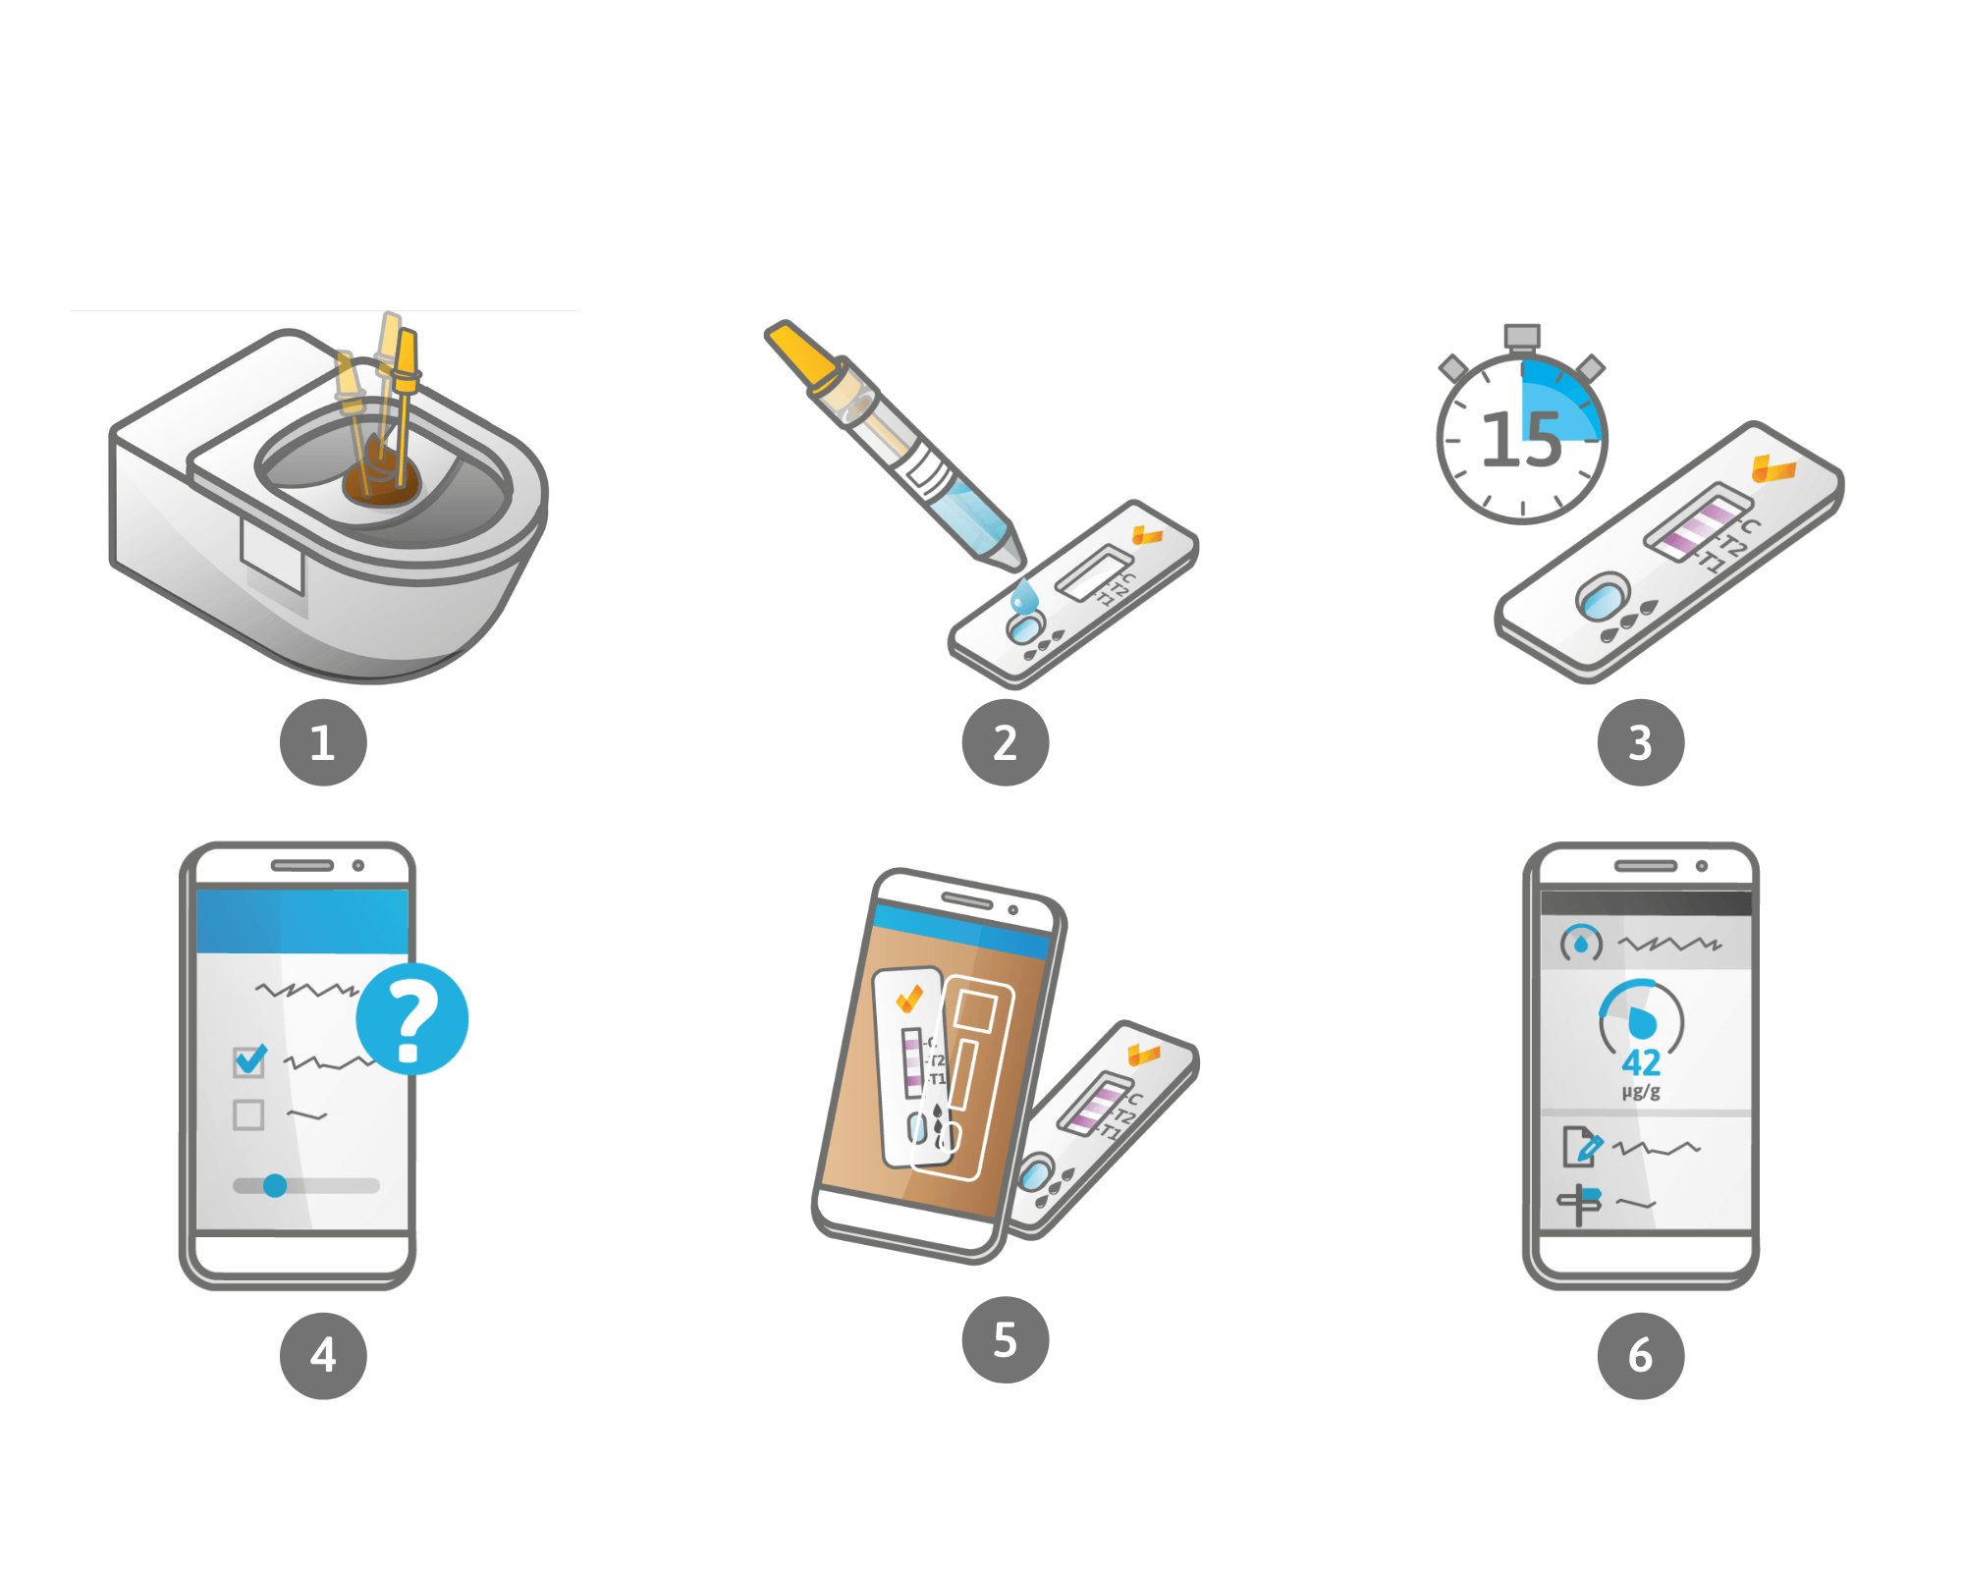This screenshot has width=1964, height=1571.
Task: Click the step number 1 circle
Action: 323,742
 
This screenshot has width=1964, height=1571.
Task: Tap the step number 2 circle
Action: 1006,742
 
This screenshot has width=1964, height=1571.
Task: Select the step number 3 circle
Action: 1641,742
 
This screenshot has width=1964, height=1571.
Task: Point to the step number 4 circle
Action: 323,1356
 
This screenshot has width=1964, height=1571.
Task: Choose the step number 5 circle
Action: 1006,1340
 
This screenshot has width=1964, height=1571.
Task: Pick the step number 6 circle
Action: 1641,1356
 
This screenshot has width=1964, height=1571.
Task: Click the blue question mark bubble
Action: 412,1019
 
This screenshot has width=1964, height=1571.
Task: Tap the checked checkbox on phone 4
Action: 249,1060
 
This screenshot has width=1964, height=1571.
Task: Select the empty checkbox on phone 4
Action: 248,1115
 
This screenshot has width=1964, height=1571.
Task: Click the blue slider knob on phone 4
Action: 275,1186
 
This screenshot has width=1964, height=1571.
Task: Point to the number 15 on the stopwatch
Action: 1521,439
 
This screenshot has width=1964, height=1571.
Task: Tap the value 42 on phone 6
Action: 1641,1062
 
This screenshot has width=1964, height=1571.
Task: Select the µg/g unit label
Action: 1641,1092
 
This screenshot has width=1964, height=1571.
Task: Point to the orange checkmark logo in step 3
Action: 1773,468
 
